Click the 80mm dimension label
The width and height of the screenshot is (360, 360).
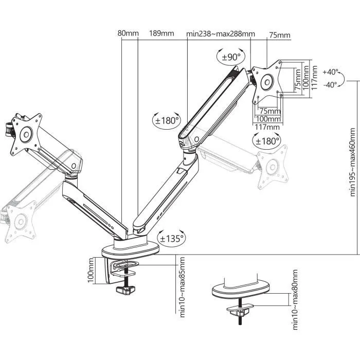click(128, 34)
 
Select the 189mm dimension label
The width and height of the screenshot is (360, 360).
click(161, 34)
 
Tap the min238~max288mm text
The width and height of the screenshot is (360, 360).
click(220, 34)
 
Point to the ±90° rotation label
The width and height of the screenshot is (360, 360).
click(230, 57)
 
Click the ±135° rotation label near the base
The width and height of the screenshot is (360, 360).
click(171, 239)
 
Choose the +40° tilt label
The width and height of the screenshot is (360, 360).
click(331, 72)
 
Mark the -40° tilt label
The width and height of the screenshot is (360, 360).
click(330, 84)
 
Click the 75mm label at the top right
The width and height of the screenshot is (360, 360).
click(279, 35)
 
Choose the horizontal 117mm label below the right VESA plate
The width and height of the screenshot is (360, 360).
click(267, 127)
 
